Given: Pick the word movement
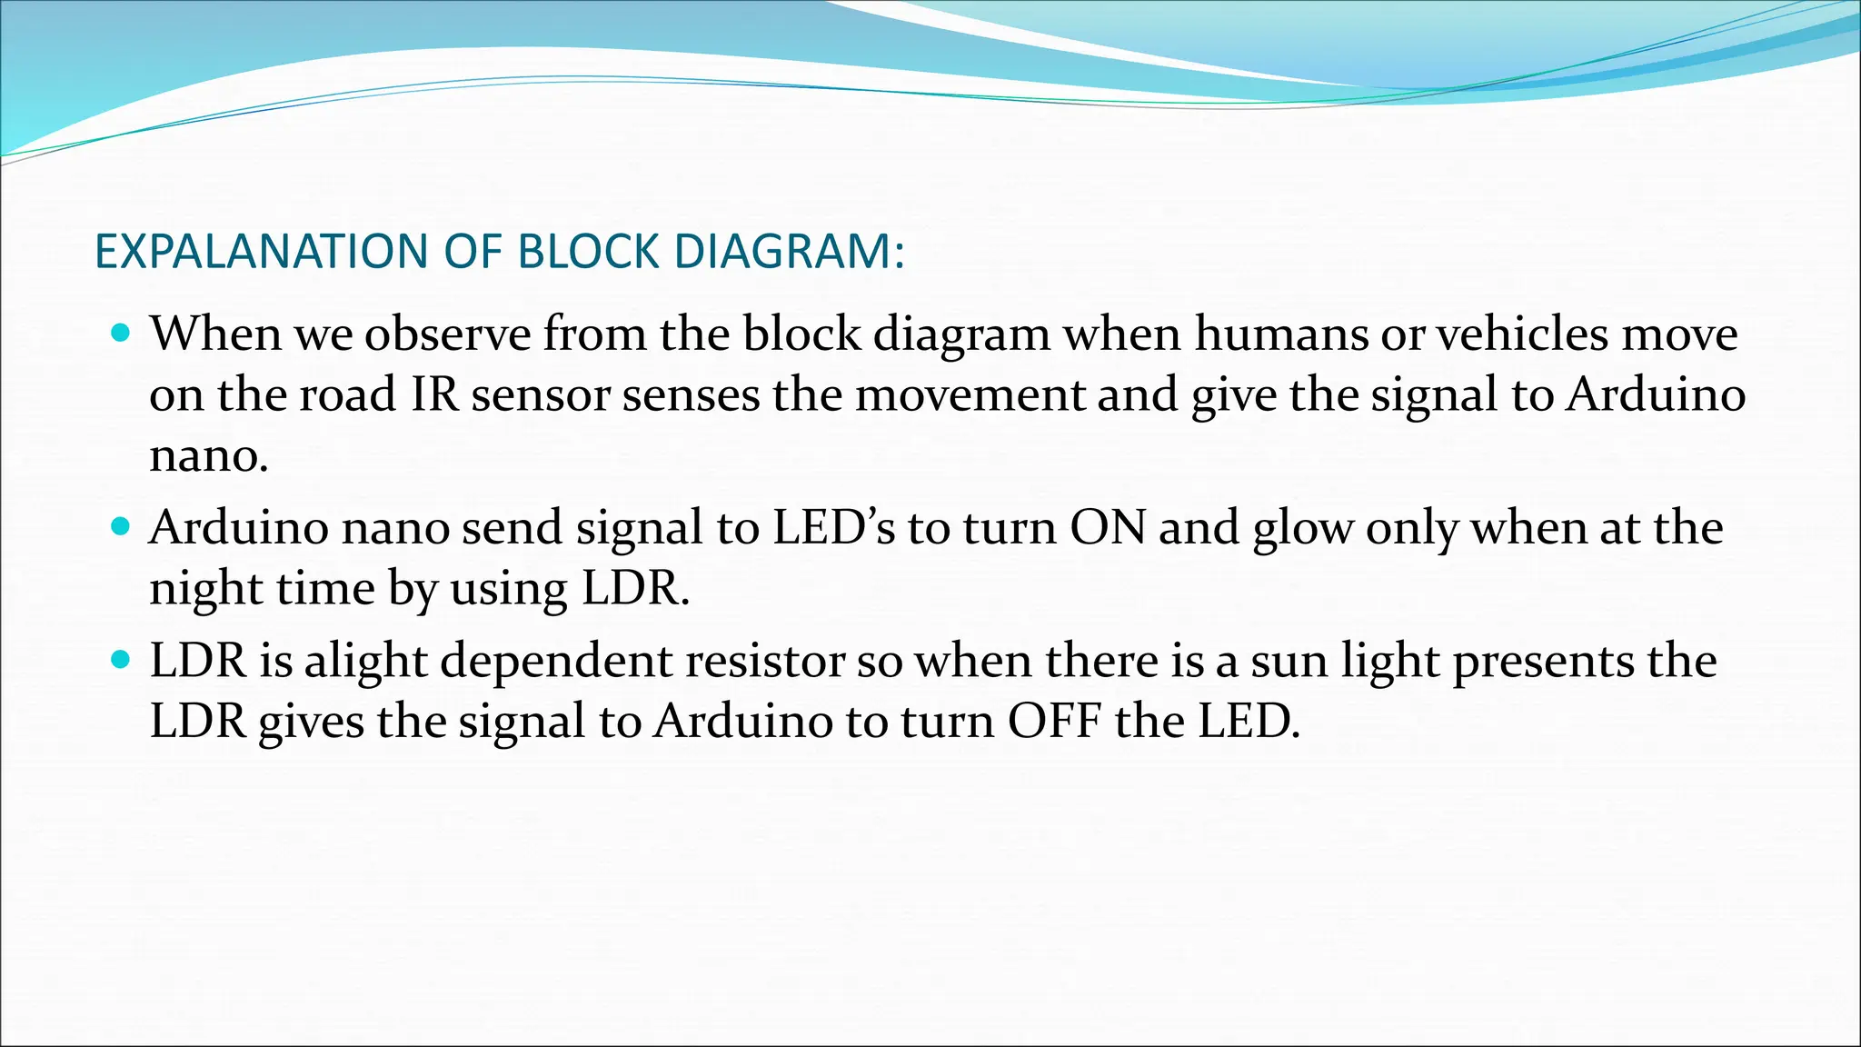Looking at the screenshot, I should tap(970, 394).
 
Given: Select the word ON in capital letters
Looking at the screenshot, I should tap(1108, 527).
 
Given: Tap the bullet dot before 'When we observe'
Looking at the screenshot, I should tap(120, 333).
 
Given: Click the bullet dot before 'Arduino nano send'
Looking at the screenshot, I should tap(120, 526).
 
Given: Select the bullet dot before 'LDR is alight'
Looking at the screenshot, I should tap(120, 659).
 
